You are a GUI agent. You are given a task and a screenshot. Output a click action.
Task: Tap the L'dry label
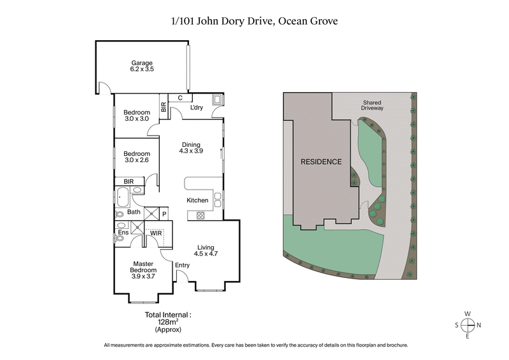(x=197, y=108)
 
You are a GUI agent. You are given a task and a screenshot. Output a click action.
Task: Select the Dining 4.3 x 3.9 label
(x=190, y=148)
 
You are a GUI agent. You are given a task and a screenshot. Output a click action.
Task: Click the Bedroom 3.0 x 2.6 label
(x=137, y=157)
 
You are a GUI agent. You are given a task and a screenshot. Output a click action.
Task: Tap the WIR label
(x=156, y=234)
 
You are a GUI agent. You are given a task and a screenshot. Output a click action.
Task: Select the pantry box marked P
(x=164, y=214)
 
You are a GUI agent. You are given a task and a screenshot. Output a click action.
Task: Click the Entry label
(x=182, y=265)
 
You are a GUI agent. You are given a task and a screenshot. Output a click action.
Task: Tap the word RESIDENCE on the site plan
(x=321, y=162)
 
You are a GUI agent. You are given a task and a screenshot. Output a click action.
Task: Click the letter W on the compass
(x=468, y=313)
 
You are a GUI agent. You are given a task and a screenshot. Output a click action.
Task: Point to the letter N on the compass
(x=480, y=324)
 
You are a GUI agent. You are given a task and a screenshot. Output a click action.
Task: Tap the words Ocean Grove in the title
(x=309, y=20)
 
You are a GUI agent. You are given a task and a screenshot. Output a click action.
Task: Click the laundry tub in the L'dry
(x=218, y=100)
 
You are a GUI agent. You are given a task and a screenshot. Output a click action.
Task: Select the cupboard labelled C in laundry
(x=180, y=98)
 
